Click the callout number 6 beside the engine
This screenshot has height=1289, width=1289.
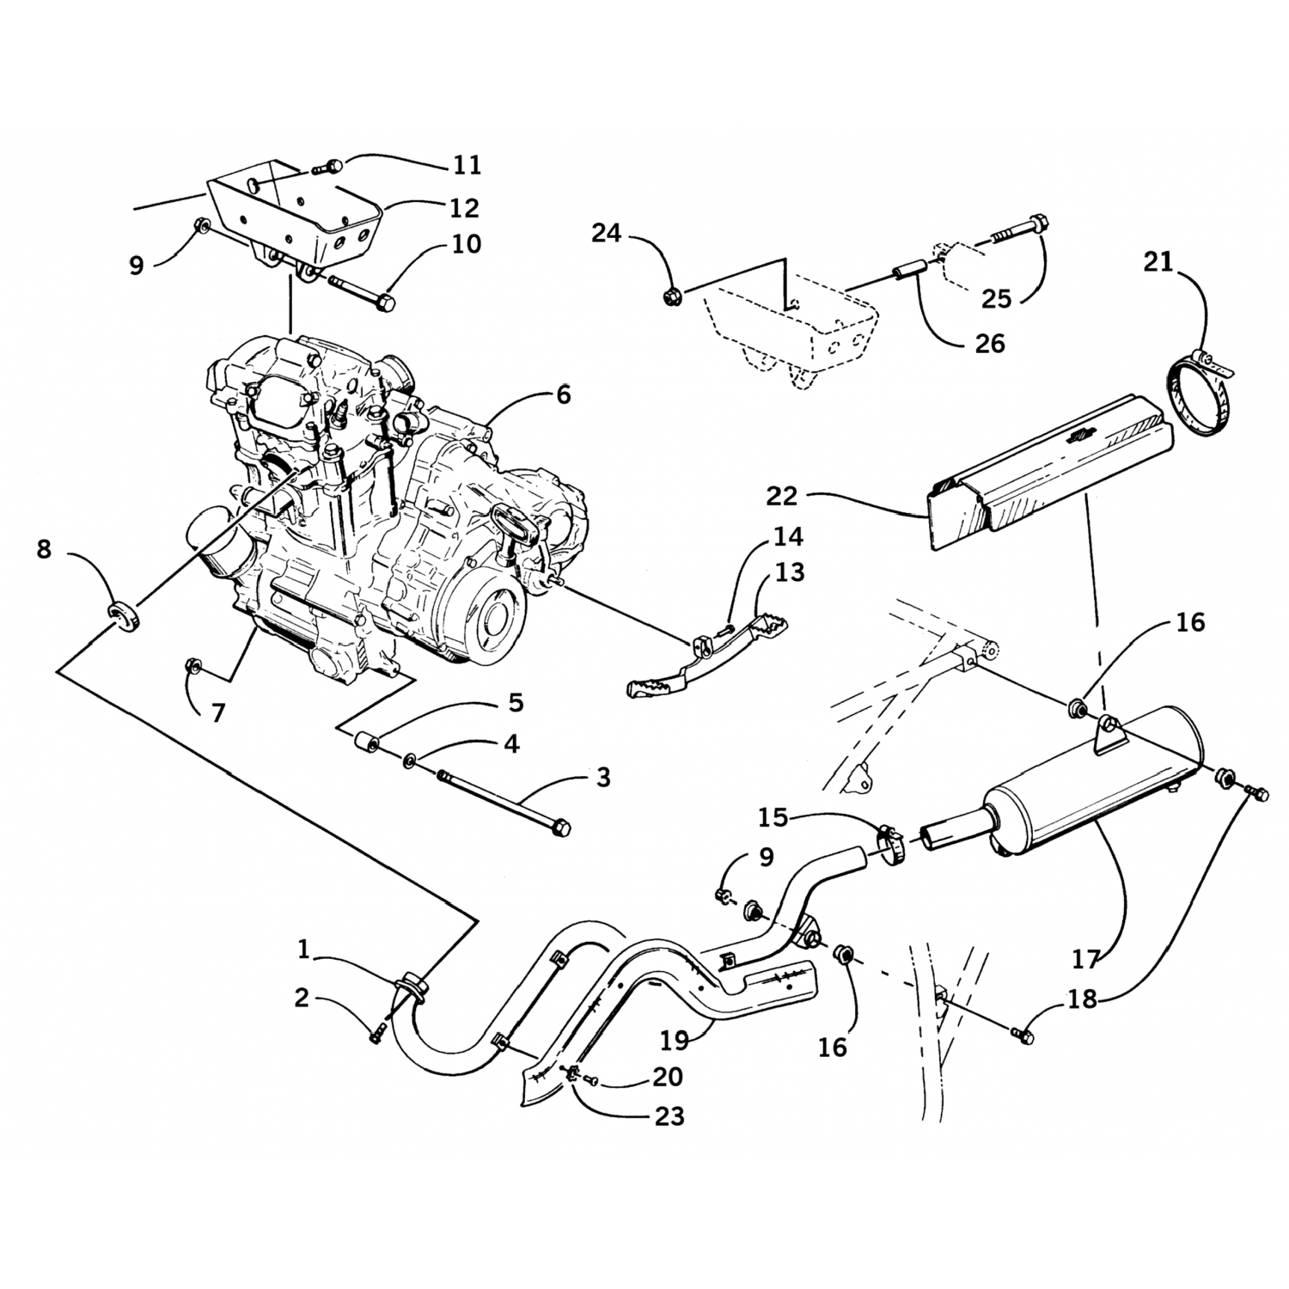coord(563,395)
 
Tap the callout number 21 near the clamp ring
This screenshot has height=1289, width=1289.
coord(1158,262)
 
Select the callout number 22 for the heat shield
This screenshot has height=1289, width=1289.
coord(783,496)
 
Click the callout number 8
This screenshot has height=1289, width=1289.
coord(45,549)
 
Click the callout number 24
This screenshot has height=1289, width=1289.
coord(606,233)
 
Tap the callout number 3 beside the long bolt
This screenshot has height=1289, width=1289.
coord(603,778)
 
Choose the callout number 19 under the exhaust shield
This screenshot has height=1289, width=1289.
coord(675,1041)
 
